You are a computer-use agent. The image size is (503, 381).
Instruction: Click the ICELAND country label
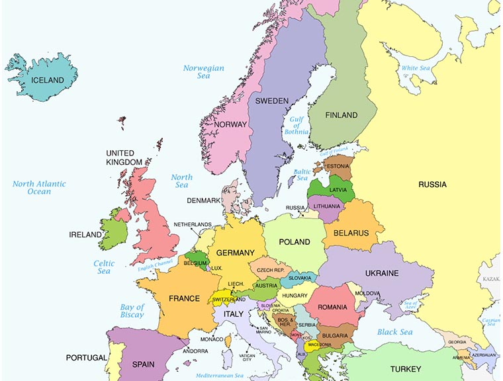point(43,81)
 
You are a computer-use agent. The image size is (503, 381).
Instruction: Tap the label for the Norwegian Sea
point(204,72)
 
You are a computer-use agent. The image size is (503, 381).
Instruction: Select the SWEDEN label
point(271,101)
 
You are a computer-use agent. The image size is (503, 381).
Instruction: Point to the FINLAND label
point(341,115)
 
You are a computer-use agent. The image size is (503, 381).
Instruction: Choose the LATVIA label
point(338,190)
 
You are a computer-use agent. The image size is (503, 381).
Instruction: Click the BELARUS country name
point(350,233)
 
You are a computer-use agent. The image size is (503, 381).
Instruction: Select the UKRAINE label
point(382,273)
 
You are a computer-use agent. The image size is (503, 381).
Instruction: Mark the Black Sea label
point(395,332)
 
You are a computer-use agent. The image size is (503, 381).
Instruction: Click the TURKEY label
point(406,369)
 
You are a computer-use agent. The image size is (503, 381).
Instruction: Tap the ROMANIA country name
point(332,308)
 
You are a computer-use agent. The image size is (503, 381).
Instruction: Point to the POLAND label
point(294,242)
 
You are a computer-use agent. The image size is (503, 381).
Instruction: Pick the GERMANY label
point(235,253)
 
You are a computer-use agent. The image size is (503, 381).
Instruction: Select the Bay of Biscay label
point(132,311)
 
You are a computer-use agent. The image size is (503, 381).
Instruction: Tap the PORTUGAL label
point(86,358)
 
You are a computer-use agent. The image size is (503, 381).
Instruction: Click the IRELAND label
point(86,235)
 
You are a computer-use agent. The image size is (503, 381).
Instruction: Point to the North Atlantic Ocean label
point(39,188)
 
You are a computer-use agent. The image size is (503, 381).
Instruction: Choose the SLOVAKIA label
point(299,278)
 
